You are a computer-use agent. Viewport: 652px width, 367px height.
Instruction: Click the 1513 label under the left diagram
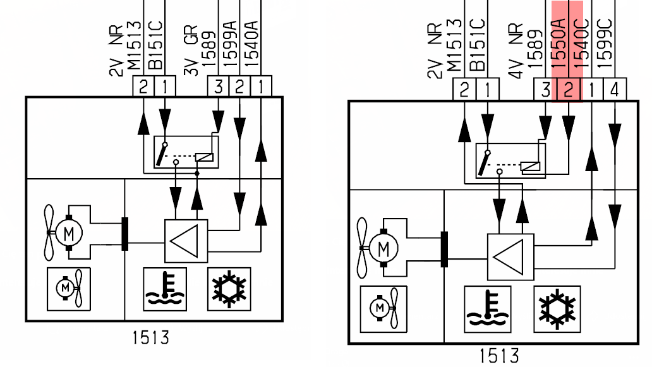tap(150, 337)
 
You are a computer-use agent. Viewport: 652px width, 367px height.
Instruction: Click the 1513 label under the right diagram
tap(499, 356)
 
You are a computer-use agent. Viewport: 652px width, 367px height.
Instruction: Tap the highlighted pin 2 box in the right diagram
tap(569, 89)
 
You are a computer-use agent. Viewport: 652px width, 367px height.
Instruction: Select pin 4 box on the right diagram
tap(615, 89)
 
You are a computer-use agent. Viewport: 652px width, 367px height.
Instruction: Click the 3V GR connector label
tap(190, 50)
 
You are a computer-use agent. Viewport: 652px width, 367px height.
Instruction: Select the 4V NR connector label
tap(515, 51)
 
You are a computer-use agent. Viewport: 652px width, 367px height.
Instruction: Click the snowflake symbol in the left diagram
tap(229, 289)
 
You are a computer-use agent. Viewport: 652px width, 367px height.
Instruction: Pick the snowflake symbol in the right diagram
tap(557, 309)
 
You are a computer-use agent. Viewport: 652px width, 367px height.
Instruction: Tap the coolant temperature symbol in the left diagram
tap(165, 289)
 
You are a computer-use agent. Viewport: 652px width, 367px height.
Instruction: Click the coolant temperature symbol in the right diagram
tap(487, 309)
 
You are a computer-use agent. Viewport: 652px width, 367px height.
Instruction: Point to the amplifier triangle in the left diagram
tap(186, 241)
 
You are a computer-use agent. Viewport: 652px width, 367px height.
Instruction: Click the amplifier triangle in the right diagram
tap(510, 257)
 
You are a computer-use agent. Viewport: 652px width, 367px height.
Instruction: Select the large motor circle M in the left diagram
tap(69, 233)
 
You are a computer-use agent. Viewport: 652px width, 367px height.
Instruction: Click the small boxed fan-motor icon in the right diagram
tap(383, 309)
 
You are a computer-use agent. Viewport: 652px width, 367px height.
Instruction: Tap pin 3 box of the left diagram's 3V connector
tap(219, 87)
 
